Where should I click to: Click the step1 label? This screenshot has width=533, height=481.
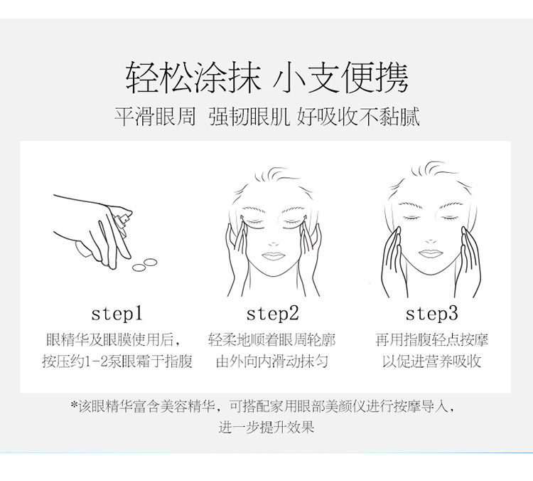(117, 314)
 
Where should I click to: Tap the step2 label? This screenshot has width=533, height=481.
(273, 314)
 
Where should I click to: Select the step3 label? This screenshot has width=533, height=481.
(431, 314)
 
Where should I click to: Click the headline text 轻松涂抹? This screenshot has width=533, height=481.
(193, 78)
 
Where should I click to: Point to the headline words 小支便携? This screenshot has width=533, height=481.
(340, 78)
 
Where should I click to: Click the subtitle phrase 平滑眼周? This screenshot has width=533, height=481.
(155, 117)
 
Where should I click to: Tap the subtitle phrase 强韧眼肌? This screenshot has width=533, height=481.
(249, 117)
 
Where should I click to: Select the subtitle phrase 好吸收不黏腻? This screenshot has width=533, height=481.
(358, 117)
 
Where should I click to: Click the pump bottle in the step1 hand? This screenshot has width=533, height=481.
(123, 221)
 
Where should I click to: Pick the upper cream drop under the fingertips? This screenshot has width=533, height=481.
(150, 262)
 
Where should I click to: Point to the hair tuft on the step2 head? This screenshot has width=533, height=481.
(277, 174)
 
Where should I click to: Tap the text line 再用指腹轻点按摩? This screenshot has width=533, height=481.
(431, 339)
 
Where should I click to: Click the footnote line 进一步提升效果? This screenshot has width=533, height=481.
(266, 427)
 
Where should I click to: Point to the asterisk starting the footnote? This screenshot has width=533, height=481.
(74, 404)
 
